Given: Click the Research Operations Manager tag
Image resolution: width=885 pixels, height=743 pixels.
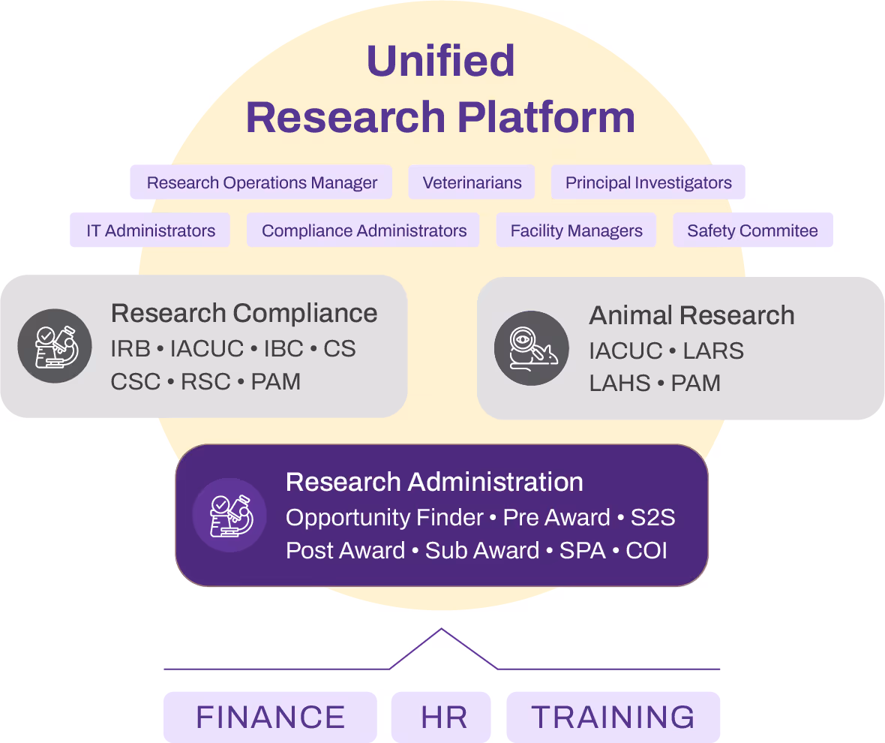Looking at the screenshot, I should click(x=261, y=182).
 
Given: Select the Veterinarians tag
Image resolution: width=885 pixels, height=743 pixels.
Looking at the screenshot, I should click(x=472, y=182).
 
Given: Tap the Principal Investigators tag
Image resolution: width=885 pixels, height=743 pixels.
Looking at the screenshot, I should click(x=648, y=182).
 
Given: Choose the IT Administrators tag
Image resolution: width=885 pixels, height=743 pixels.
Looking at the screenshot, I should click(x=151, y=230).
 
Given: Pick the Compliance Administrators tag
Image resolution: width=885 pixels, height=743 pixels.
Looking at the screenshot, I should click(x=364, y=230).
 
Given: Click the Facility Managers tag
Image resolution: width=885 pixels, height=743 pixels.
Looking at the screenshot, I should click(x=576, y=230).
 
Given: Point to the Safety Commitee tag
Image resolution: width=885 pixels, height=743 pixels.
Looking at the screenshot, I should click(x=752, y=230).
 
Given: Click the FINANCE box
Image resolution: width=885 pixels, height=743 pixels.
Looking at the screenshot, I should click(x=270, y=717).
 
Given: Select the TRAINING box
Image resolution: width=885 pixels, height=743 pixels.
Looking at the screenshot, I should click(x=613, y=717).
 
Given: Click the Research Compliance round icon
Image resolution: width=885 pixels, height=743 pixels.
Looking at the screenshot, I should click(x=55, y=346).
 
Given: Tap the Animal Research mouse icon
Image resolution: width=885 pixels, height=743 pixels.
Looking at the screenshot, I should click(x=532, y=348).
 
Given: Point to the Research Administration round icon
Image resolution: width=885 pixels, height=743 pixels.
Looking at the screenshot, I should click(x=229, y=516).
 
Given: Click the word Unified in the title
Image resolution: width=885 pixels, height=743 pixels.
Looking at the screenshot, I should click(x=441, y=62).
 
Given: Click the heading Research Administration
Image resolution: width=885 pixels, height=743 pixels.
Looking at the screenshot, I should click(x=434, y=482).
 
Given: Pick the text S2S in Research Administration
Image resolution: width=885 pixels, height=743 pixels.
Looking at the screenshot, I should click(x=652, y=518).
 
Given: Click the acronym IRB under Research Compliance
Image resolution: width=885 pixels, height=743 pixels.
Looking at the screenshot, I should click(x=130, y=349).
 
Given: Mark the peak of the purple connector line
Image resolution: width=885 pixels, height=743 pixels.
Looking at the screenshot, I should click(x=441, y=629).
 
